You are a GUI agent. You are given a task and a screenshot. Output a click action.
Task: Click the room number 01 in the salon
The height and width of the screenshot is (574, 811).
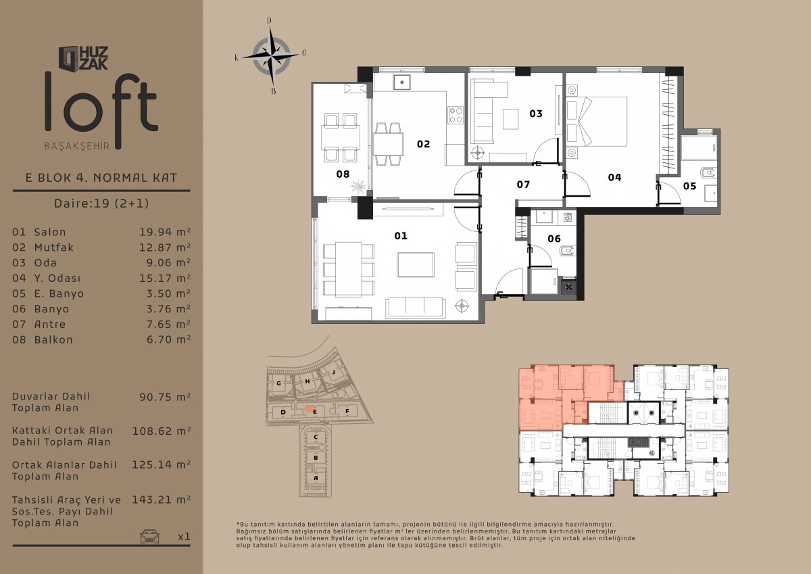point(401,236)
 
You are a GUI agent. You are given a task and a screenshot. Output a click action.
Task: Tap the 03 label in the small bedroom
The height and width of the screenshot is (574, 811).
point(536,114)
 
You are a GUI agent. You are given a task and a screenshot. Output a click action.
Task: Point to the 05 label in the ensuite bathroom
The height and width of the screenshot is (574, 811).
point(689,186)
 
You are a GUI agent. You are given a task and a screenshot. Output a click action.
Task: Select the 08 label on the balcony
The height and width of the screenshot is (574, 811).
point(343,174)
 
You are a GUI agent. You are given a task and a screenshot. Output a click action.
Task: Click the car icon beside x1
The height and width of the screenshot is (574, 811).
point(149,536)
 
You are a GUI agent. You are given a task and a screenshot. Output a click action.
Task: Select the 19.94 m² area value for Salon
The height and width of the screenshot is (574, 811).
point(165,232)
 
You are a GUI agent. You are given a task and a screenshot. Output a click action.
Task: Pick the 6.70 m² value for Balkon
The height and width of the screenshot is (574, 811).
point(168,339)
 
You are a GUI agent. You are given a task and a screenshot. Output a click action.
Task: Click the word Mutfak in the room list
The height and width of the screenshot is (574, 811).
point(54,247)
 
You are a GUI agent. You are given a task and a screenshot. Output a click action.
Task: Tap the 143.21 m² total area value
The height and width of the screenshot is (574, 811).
point(161,500)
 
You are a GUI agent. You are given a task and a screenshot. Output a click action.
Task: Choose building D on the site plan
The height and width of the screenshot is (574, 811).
point(283,412)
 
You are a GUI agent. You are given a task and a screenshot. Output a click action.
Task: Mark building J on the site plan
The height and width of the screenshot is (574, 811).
point(333,372)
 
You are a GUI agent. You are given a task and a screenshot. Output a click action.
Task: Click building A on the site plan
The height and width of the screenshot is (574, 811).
point(316,478)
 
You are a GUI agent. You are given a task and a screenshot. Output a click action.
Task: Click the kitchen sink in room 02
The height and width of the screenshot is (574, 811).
point(402,82)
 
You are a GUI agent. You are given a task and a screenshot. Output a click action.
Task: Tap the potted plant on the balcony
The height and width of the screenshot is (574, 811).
point(359,187)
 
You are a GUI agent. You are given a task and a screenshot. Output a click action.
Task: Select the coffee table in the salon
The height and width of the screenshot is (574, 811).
point(415,265)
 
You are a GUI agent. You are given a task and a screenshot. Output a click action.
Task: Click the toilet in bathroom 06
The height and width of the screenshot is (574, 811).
point(567,250)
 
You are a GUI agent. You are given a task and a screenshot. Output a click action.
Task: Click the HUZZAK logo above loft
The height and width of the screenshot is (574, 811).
point(83,58)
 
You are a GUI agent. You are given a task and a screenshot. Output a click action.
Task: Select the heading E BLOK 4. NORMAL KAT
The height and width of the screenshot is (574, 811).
point(101,178)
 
